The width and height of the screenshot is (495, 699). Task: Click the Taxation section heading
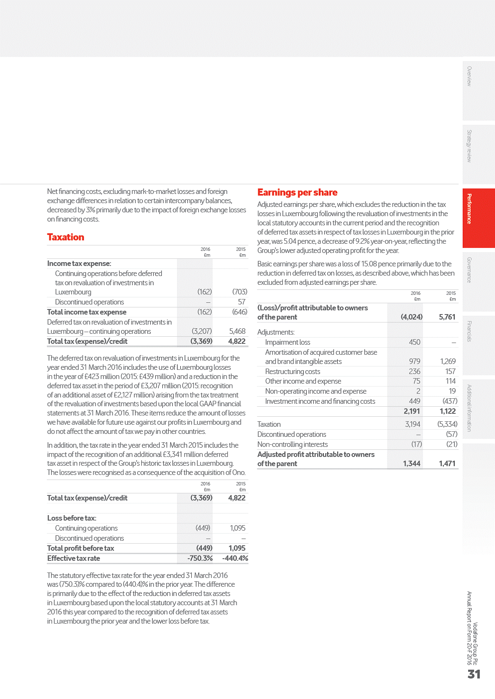[x=66, y=237]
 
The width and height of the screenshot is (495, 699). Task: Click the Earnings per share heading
[x=297, y=192]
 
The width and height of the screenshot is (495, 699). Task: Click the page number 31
[x=474, y=674]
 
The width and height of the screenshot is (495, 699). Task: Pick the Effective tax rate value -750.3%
[x=200, y=558]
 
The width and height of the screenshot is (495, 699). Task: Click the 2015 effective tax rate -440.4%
[x=235, y=558]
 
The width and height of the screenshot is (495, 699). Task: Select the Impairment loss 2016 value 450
[x=414, y=342]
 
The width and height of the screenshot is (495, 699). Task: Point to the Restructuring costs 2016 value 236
[x=414, y=371]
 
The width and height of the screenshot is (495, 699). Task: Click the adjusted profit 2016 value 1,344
[x=411, y=464]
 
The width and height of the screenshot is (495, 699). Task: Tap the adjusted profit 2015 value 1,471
[x=447, y=464]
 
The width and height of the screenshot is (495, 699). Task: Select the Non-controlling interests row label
[x=292, y=444]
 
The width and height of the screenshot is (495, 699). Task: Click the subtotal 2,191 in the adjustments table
[x=412, y=411]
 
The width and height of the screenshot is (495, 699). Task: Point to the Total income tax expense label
[x=87, y=312]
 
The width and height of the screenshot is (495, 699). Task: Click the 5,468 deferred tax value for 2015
[x=237, y=331]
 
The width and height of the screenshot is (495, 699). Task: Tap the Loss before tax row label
[x=72, y=518]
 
